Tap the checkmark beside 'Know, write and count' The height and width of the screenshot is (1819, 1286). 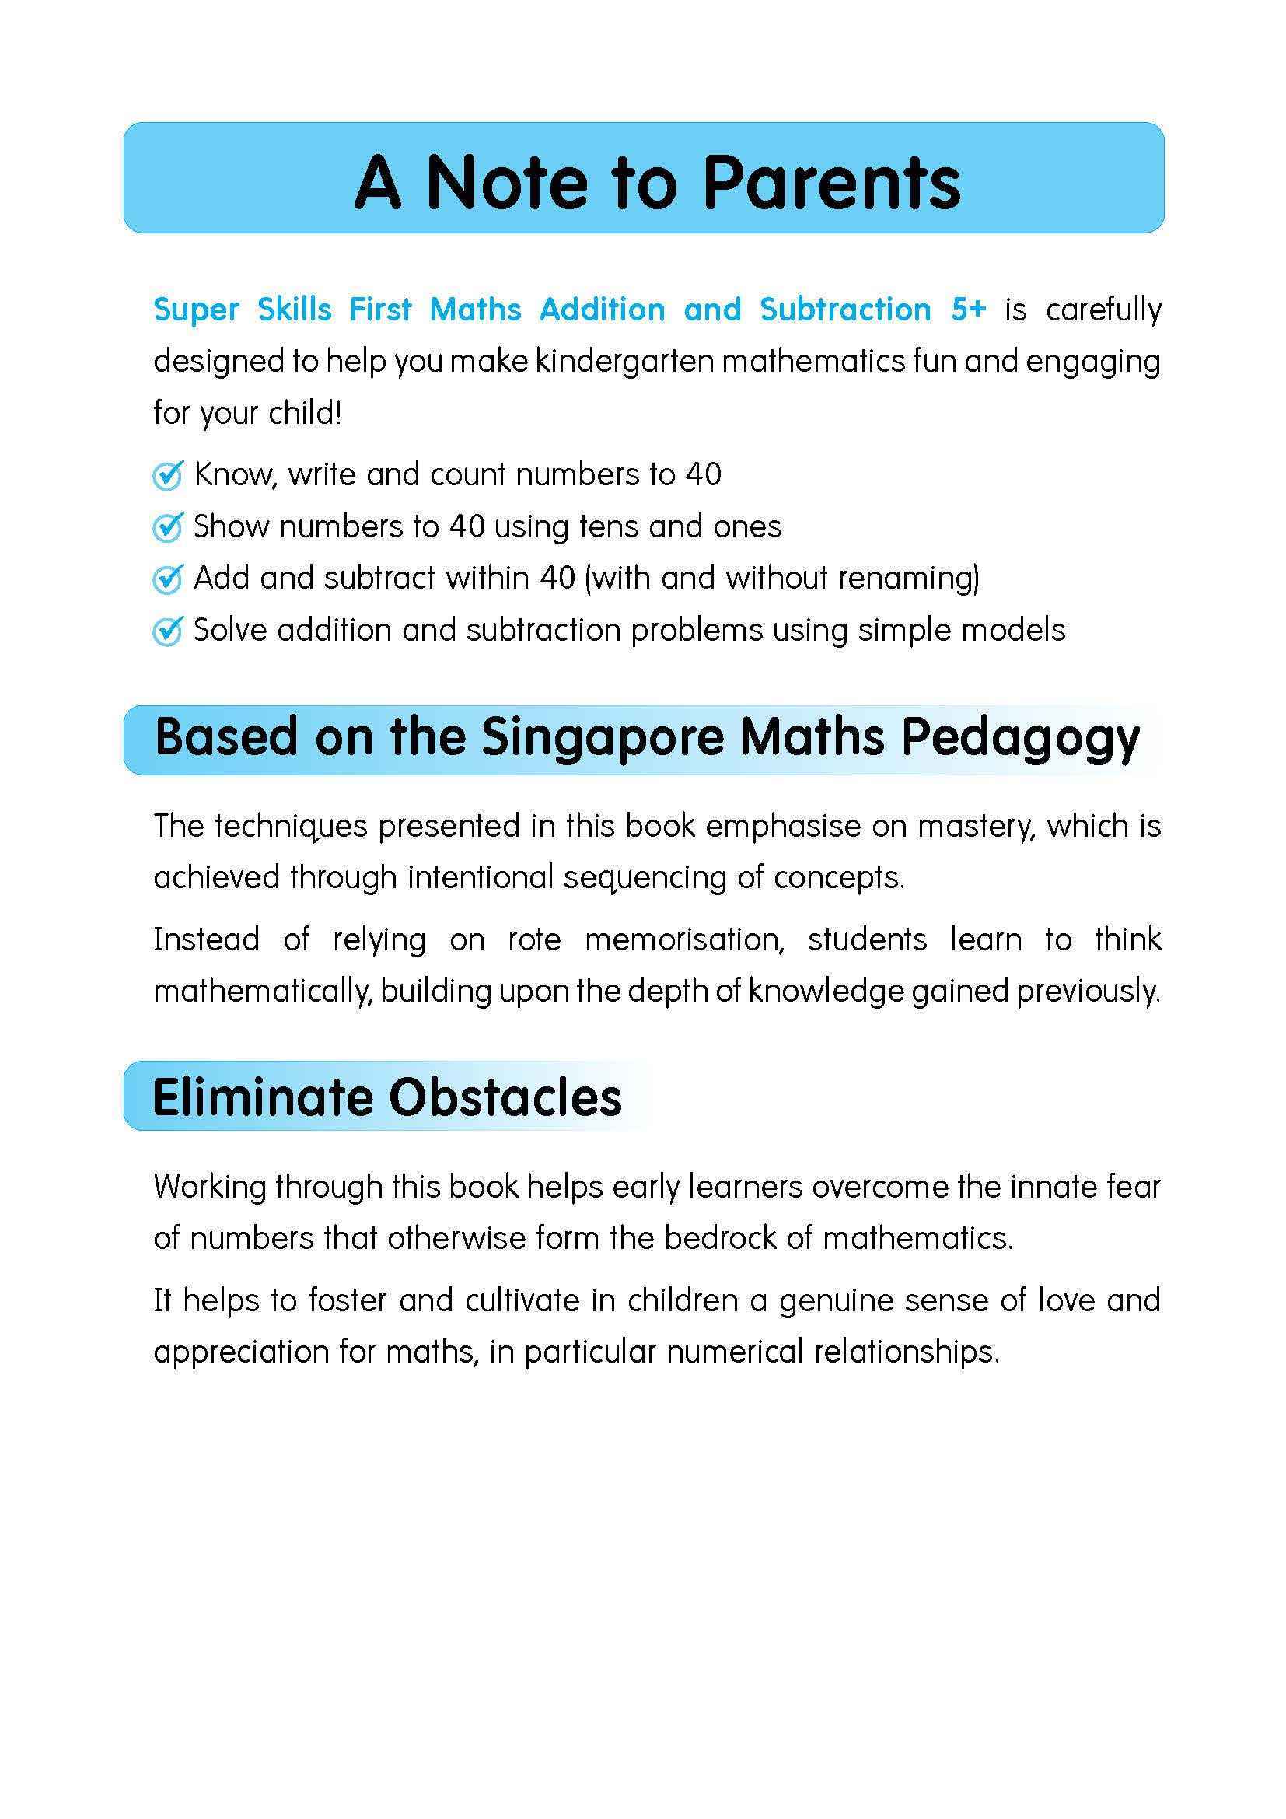click(x=168, y=475)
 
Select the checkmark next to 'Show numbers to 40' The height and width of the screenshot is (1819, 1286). click(x=168, y=526)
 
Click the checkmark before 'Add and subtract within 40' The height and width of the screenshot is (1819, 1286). click(x=168, y=579)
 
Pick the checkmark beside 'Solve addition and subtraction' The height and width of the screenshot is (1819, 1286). click(x=168, y=631)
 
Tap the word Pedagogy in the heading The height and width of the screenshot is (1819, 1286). click(x=1020, y=738)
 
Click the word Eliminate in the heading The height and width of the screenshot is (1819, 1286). click(x=262, y=1098)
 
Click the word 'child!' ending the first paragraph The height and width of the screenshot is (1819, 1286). click(x=303, y=413)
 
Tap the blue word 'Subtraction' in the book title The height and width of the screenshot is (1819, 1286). click(x=845, y=309)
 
